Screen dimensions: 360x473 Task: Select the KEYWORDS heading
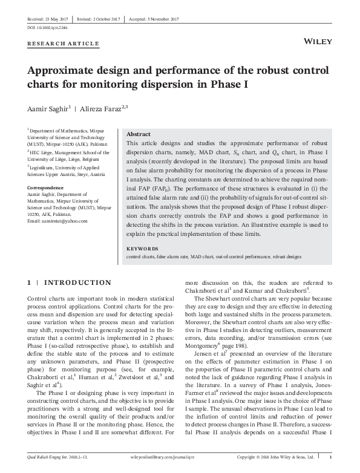coord(142,249)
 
